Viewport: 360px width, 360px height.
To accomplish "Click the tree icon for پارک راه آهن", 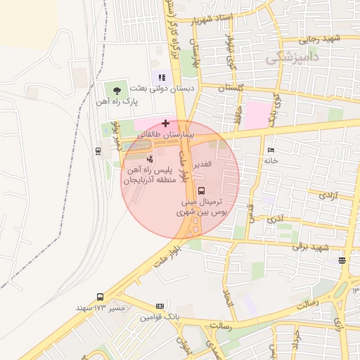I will click(117, 89).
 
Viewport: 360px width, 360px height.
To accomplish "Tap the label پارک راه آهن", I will click(117, 103).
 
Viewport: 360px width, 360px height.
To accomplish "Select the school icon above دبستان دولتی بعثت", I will click(162, 77).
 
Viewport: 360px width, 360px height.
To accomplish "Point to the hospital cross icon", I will click(165, 123).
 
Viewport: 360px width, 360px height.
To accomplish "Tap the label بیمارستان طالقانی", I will click(161, 134).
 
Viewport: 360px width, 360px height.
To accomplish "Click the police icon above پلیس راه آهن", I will click(148, 160).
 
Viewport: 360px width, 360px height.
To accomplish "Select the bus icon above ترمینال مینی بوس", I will click(202, 190).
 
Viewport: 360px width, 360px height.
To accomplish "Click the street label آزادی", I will click(328, 196).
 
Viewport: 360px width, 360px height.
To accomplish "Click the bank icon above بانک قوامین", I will click(160, 307).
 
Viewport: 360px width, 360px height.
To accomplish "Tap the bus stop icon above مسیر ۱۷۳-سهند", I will click(100, 297).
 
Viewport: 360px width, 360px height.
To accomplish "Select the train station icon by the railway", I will click(97, 150).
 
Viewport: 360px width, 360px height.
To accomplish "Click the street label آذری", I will click(275, 219).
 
